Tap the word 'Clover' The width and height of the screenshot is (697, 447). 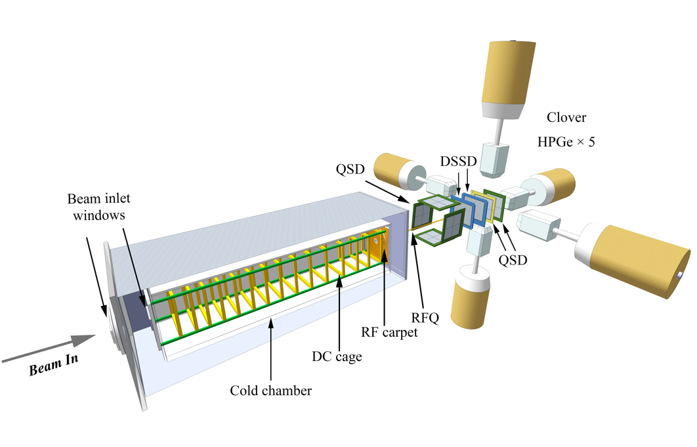point(566,119)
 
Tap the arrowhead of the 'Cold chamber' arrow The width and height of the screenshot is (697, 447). point(272,324)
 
